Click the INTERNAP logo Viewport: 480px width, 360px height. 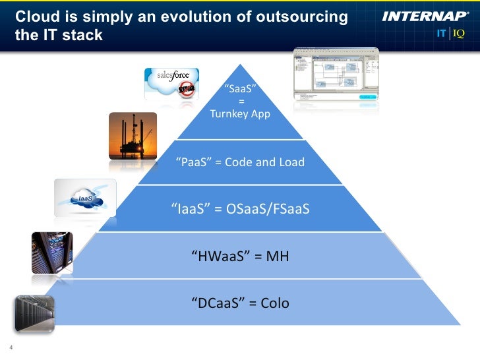tap(425, 16)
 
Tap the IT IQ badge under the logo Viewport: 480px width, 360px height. tap(450, 34)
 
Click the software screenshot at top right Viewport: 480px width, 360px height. tap(336, 73)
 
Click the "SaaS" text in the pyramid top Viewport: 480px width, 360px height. tap(240, 89)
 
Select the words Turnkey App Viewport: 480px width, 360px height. tap(240, 113)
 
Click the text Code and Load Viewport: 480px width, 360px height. tap(264, 162)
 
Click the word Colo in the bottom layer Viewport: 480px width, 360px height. tap(275, 303)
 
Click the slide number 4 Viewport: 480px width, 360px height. tap(11, 349)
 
